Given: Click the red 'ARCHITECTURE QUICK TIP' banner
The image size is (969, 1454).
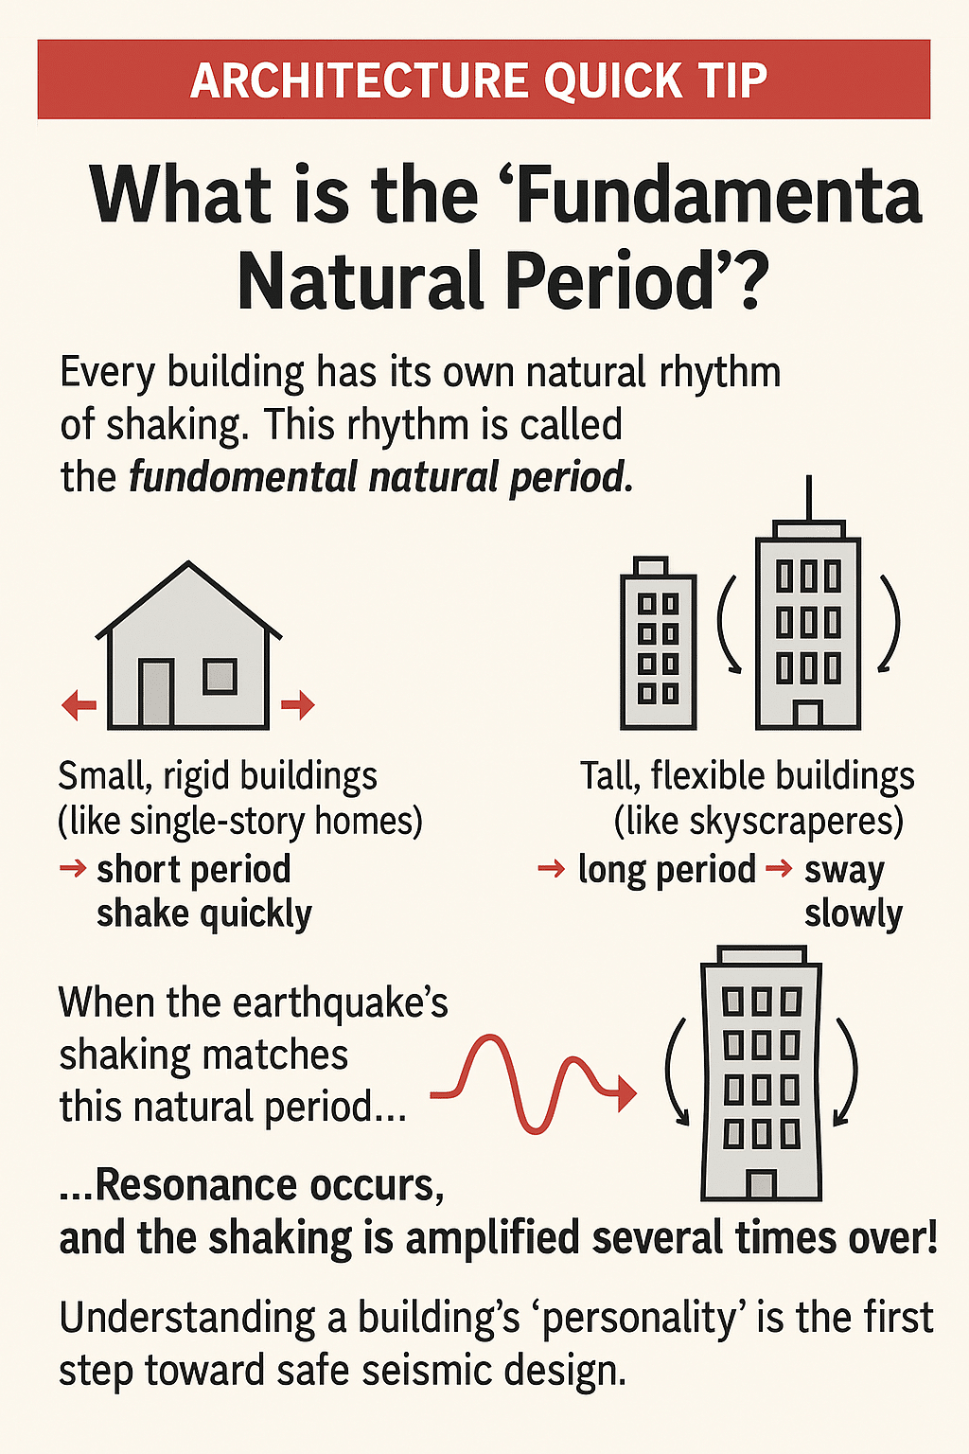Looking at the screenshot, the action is [x=484, y=80].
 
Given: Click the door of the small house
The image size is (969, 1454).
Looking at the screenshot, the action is [x=156, y=693].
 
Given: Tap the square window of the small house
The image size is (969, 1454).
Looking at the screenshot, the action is [x=220, y=676].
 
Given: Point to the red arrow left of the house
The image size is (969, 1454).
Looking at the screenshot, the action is [x=78, y=705].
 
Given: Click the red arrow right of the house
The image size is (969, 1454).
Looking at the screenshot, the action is [x=298, y=705].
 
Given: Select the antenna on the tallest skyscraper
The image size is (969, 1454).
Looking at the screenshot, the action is [x=808, y=499].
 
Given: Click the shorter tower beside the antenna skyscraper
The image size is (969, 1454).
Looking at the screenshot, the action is [x=658, y=643].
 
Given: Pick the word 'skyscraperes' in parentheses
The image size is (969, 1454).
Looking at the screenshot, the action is [x=759, y=823].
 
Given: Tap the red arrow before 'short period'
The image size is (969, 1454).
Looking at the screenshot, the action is [x=73, y=868].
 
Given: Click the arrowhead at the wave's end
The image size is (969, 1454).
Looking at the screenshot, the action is [x=625, y=1093].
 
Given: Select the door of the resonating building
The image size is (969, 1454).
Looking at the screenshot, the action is [x=762, y=1184].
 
